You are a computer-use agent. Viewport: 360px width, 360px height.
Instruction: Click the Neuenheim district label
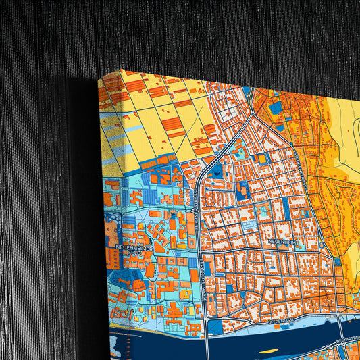click(x=282, y=241)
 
